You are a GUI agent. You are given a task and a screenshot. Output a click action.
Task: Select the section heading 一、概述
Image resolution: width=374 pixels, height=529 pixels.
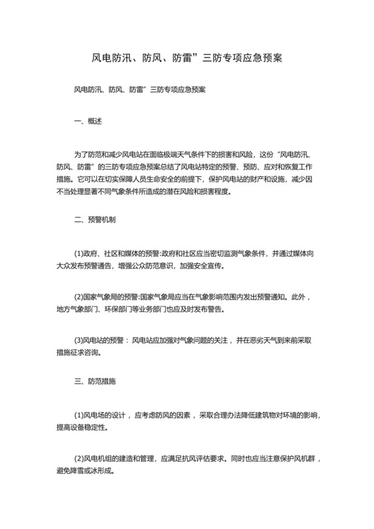87,121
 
